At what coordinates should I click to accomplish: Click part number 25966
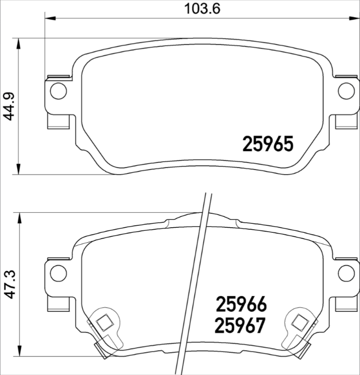point(241,304)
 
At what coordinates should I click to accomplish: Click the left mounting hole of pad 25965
point(59,91)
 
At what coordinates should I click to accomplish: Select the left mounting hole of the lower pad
point(59,272)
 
